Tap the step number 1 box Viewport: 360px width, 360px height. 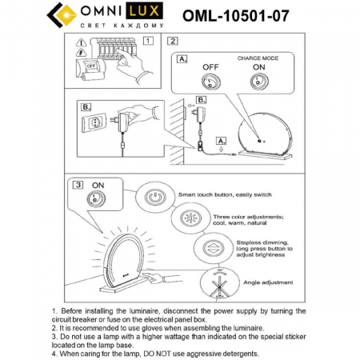(149, 40)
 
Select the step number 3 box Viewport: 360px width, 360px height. (78, 184)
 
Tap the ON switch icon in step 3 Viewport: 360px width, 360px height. (97, 200)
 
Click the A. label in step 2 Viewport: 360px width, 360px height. (182, 59)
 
